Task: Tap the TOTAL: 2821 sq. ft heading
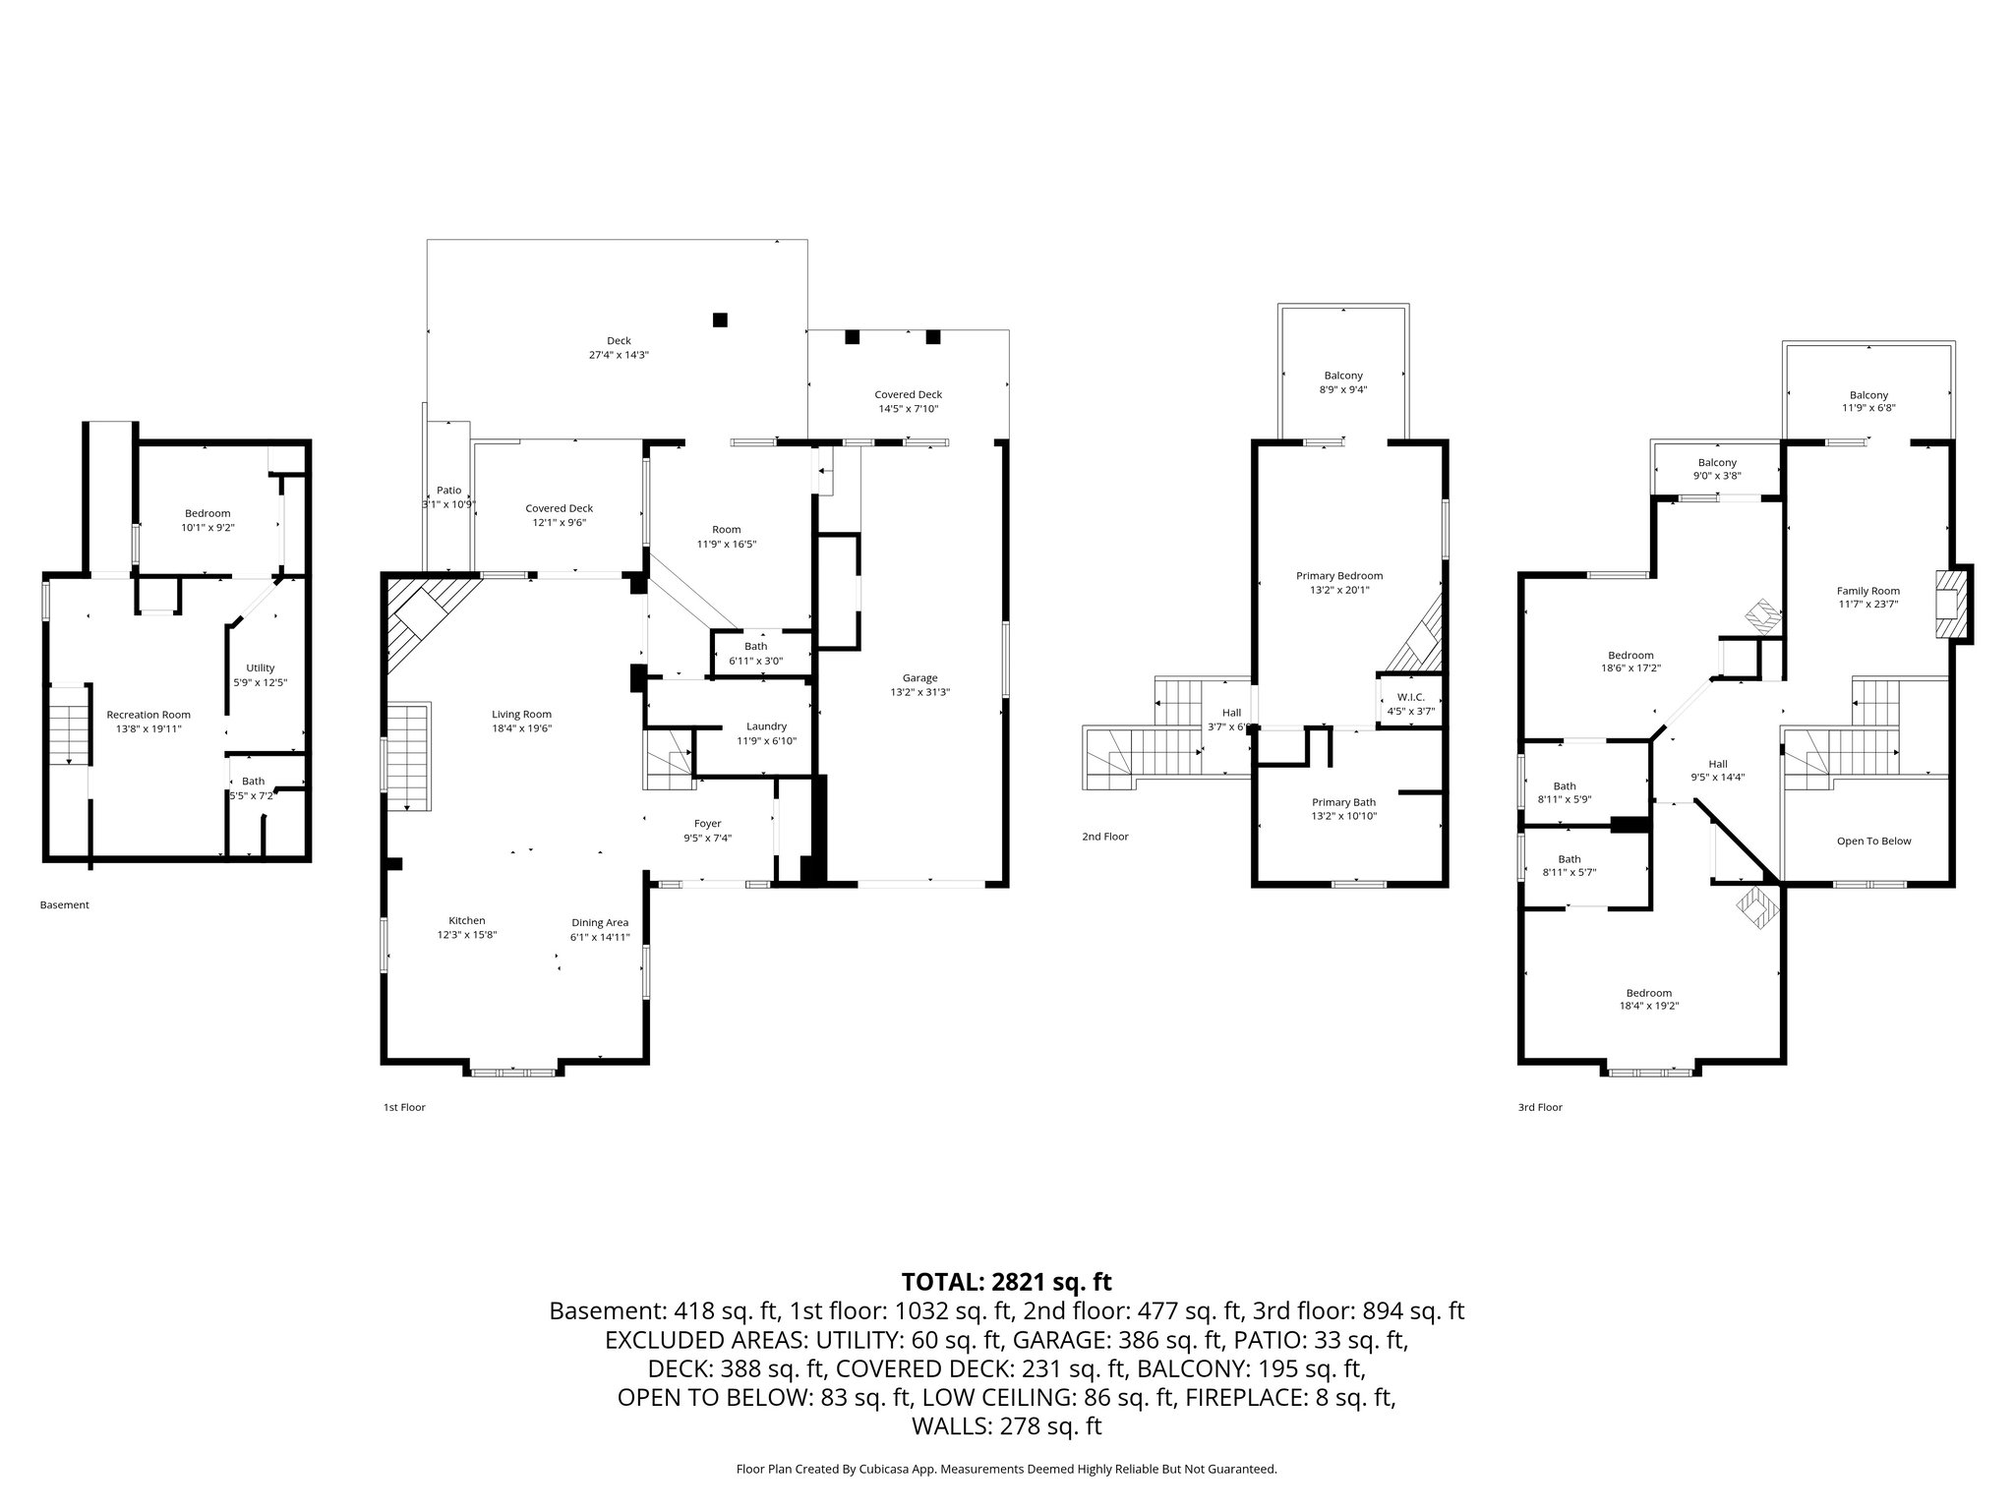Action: click(x=1006, y=1282)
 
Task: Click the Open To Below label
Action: click(x=1873, y=841)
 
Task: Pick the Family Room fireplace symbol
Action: click(x=1951, y=603)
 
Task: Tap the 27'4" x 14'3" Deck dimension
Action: click(x=619, y=355)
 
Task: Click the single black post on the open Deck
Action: click(x=720, y=319)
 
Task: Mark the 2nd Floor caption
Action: click(x=1105, y=837)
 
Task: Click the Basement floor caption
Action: click(x=65, y=904)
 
